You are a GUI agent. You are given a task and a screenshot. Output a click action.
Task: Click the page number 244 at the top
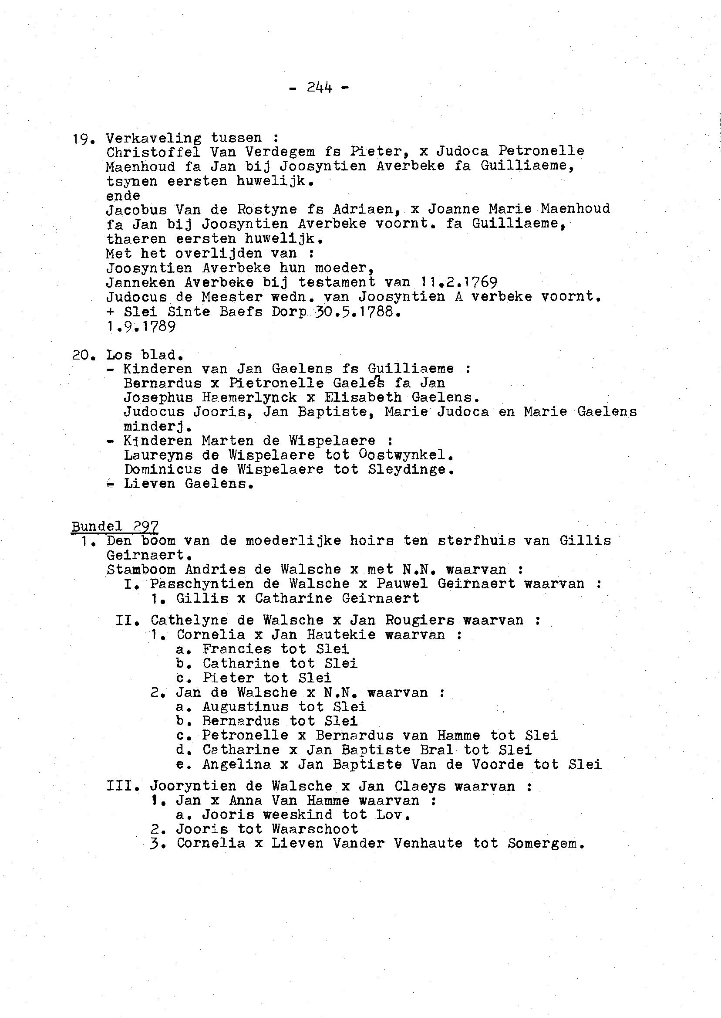319,88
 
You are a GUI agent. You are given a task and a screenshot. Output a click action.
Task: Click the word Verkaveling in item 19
153,138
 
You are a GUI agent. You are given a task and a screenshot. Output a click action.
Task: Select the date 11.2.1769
458,282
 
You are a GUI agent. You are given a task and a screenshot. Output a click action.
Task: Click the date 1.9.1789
141,326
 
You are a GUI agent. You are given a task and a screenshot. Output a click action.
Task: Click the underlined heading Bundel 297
115,526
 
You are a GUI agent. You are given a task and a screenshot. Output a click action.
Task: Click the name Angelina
236,764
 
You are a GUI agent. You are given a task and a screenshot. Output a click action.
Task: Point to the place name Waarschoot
315,829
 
